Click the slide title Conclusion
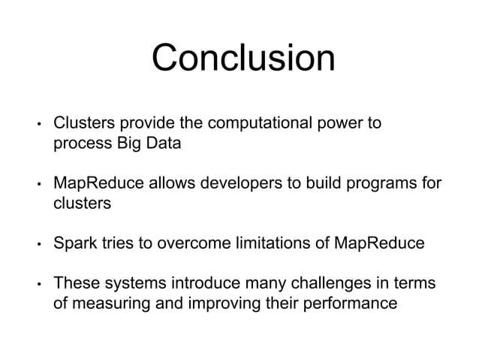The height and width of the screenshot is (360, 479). [243, 58]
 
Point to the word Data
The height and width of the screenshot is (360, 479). [161, 142]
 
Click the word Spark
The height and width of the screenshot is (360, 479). [74, 244]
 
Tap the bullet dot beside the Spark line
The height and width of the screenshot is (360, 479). [34, 245]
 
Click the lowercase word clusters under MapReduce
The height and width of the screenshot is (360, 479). [82, 203]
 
